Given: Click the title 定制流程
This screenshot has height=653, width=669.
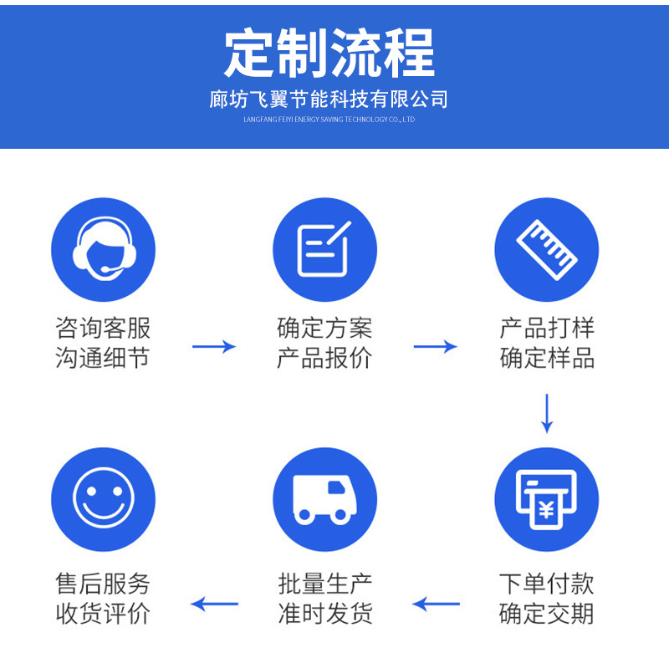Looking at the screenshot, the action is tap(329, 54).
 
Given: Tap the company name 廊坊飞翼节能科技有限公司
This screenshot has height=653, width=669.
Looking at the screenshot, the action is tap(329, 99).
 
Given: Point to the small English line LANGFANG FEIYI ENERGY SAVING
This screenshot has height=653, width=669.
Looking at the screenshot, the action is tap(329, 120).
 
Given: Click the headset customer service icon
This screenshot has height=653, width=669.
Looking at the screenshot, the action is tap(103, 249).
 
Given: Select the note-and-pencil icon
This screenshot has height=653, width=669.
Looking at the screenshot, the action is tap(324, 249).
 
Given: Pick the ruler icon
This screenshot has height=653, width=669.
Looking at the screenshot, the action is tap(547, 249).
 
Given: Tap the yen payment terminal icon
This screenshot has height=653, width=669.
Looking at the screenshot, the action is tap(547, 499).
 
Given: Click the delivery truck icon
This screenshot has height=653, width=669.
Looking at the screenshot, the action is tap(324, 499).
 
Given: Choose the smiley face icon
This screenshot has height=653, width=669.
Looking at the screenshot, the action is tap(103, 499).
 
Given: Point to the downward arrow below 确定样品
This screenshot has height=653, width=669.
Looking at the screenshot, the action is tap(547, 413).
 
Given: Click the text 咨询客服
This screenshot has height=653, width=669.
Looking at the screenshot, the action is tap(103, 327).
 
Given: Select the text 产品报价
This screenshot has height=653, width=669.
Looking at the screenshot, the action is tap(324, 359).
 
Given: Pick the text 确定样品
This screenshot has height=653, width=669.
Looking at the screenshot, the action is tap(547, 359).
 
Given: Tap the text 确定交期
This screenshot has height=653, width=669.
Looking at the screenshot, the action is tap(547, 614).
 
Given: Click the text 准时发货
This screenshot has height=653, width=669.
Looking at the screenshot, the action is tap(324, 614).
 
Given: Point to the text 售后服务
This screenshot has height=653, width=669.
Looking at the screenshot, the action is tap(103, 583).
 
